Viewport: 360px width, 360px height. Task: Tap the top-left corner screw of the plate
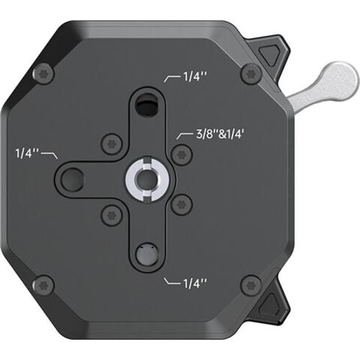[44, 73]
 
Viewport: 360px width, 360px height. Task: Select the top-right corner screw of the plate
[250, 73]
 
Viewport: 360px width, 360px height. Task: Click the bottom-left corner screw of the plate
[44, 285]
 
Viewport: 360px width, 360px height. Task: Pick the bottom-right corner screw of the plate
[250, 285]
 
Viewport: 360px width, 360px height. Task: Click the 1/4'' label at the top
[192, 76]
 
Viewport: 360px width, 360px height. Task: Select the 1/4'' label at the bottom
[192, 283]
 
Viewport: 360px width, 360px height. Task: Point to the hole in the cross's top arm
[148, 107]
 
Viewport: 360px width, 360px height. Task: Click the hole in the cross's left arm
[74, 179]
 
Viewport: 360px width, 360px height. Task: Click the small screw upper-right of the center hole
[178, 155]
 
